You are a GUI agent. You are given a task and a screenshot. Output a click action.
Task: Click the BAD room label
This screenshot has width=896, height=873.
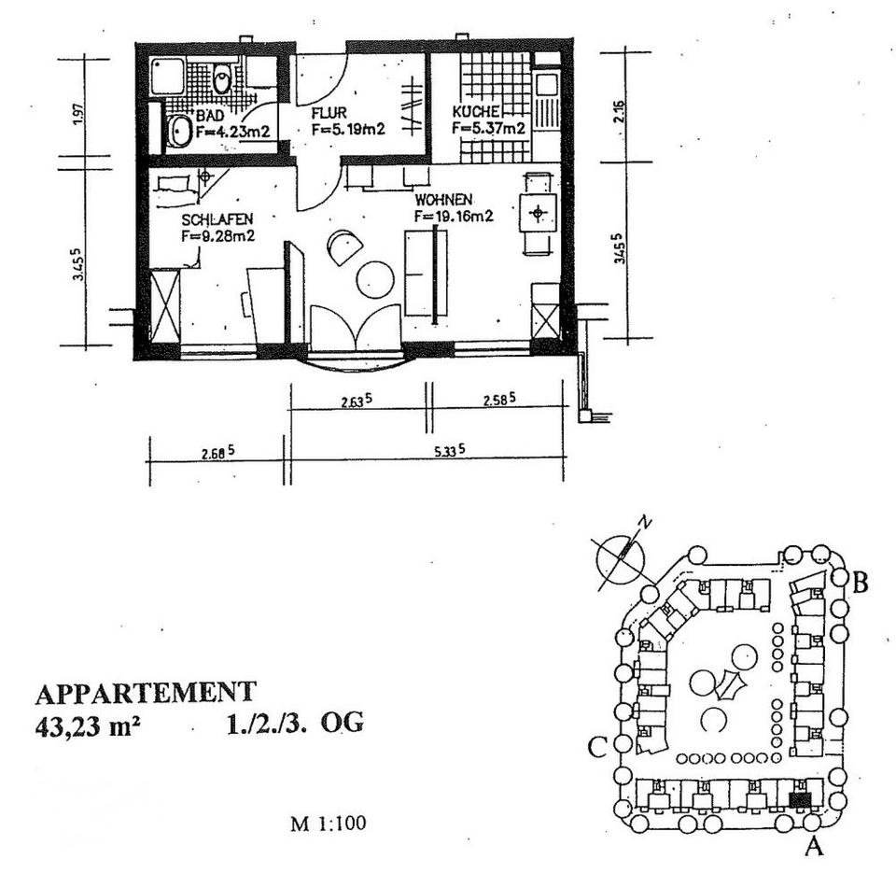click(210, 115)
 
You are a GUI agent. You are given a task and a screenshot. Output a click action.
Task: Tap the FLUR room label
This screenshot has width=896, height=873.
click(329, 113)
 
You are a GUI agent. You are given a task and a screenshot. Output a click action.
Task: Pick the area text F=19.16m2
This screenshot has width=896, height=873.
click(455, 217)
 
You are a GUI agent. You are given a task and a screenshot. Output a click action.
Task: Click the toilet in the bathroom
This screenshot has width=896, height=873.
click(222, 80)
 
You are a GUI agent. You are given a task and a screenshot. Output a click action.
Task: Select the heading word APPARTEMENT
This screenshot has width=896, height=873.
click(145, 694)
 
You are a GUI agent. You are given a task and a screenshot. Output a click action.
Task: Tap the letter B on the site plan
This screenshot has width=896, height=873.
click(861, 584)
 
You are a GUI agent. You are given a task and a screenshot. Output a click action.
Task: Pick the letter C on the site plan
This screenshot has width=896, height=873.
click(598, 747)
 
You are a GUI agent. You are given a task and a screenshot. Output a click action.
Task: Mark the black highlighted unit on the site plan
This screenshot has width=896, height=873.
click(800, 799)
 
